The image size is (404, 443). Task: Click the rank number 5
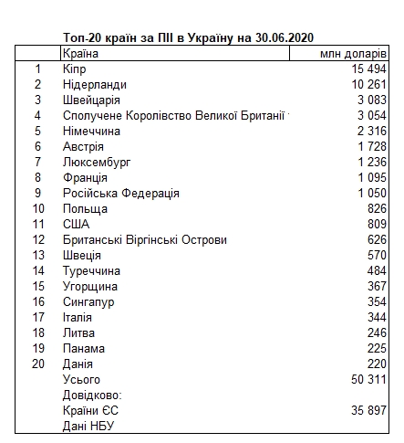tap(37, 132)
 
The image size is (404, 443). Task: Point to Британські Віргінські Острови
tap(145, 239)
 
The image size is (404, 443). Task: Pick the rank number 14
tap(37, 270)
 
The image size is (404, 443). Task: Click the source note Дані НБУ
tap(88, 426)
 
